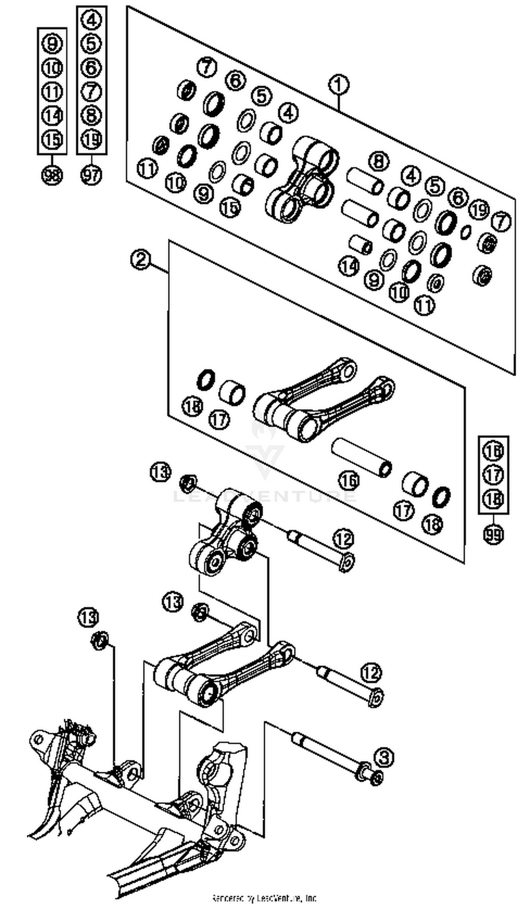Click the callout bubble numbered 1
[338, 85]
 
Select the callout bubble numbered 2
[141, 260]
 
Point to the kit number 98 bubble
[52, 175]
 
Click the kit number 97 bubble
[91, 175]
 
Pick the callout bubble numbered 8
[378, 161]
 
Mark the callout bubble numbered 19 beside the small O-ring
[479, 209]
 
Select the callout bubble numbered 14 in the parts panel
[348, 266]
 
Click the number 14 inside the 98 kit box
[52, 116]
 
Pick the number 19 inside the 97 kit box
[91, 139]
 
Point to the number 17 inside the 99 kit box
[493, 475]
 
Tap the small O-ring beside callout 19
[466, 232]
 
